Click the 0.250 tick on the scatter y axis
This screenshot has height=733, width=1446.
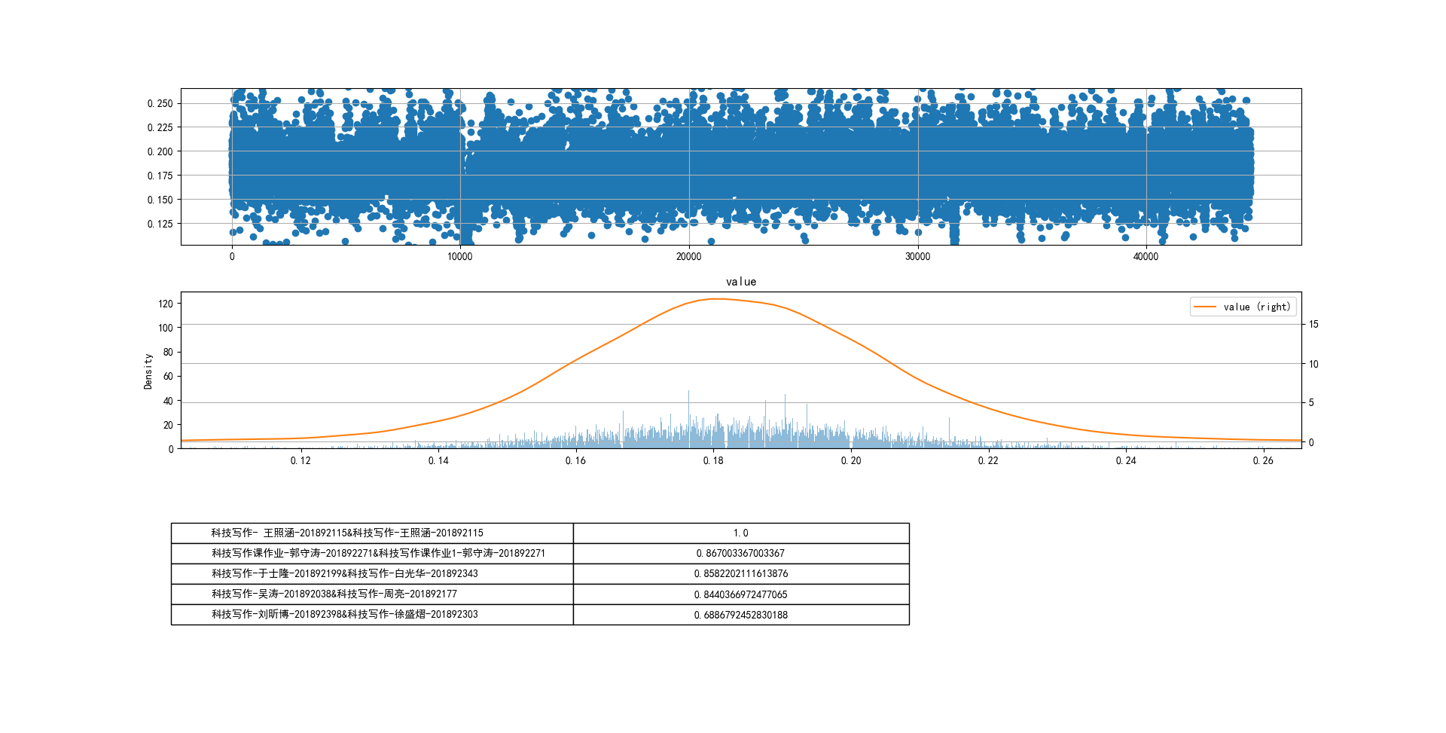[160, 103]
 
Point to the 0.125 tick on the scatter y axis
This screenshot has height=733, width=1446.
[160, 224]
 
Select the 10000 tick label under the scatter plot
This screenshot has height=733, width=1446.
[459, 257]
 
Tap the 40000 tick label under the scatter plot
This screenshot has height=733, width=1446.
[1146, 257]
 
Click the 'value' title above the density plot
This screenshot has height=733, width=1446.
[741, 282]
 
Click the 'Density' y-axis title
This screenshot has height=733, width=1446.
[148, 371]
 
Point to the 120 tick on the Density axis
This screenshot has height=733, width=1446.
[166, 304]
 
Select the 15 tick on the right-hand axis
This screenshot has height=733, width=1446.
[1313, 325]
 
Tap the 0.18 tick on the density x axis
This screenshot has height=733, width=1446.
[713, 461]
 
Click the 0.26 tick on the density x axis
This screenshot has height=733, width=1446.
[1263, 461]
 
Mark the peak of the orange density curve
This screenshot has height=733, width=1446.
[718, 299]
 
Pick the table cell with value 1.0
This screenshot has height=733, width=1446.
[741, 533]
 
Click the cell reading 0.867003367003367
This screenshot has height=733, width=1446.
[741, 554]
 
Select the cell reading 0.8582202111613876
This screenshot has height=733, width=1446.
[741, 574]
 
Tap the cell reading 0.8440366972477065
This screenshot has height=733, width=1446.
[741, 594]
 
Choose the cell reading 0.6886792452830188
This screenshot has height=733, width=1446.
[741, 615]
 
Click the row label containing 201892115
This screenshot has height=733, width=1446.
[347, 533]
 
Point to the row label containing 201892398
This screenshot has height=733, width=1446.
[345, 615]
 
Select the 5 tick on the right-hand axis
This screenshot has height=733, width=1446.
[1311, 403]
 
